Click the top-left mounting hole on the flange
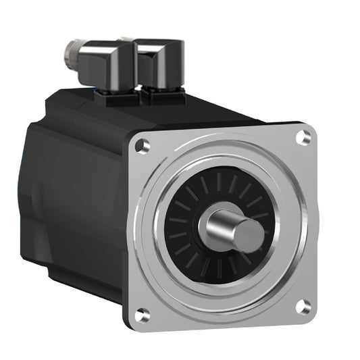142,146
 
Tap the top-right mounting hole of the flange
303,137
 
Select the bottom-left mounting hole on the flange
141,314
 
